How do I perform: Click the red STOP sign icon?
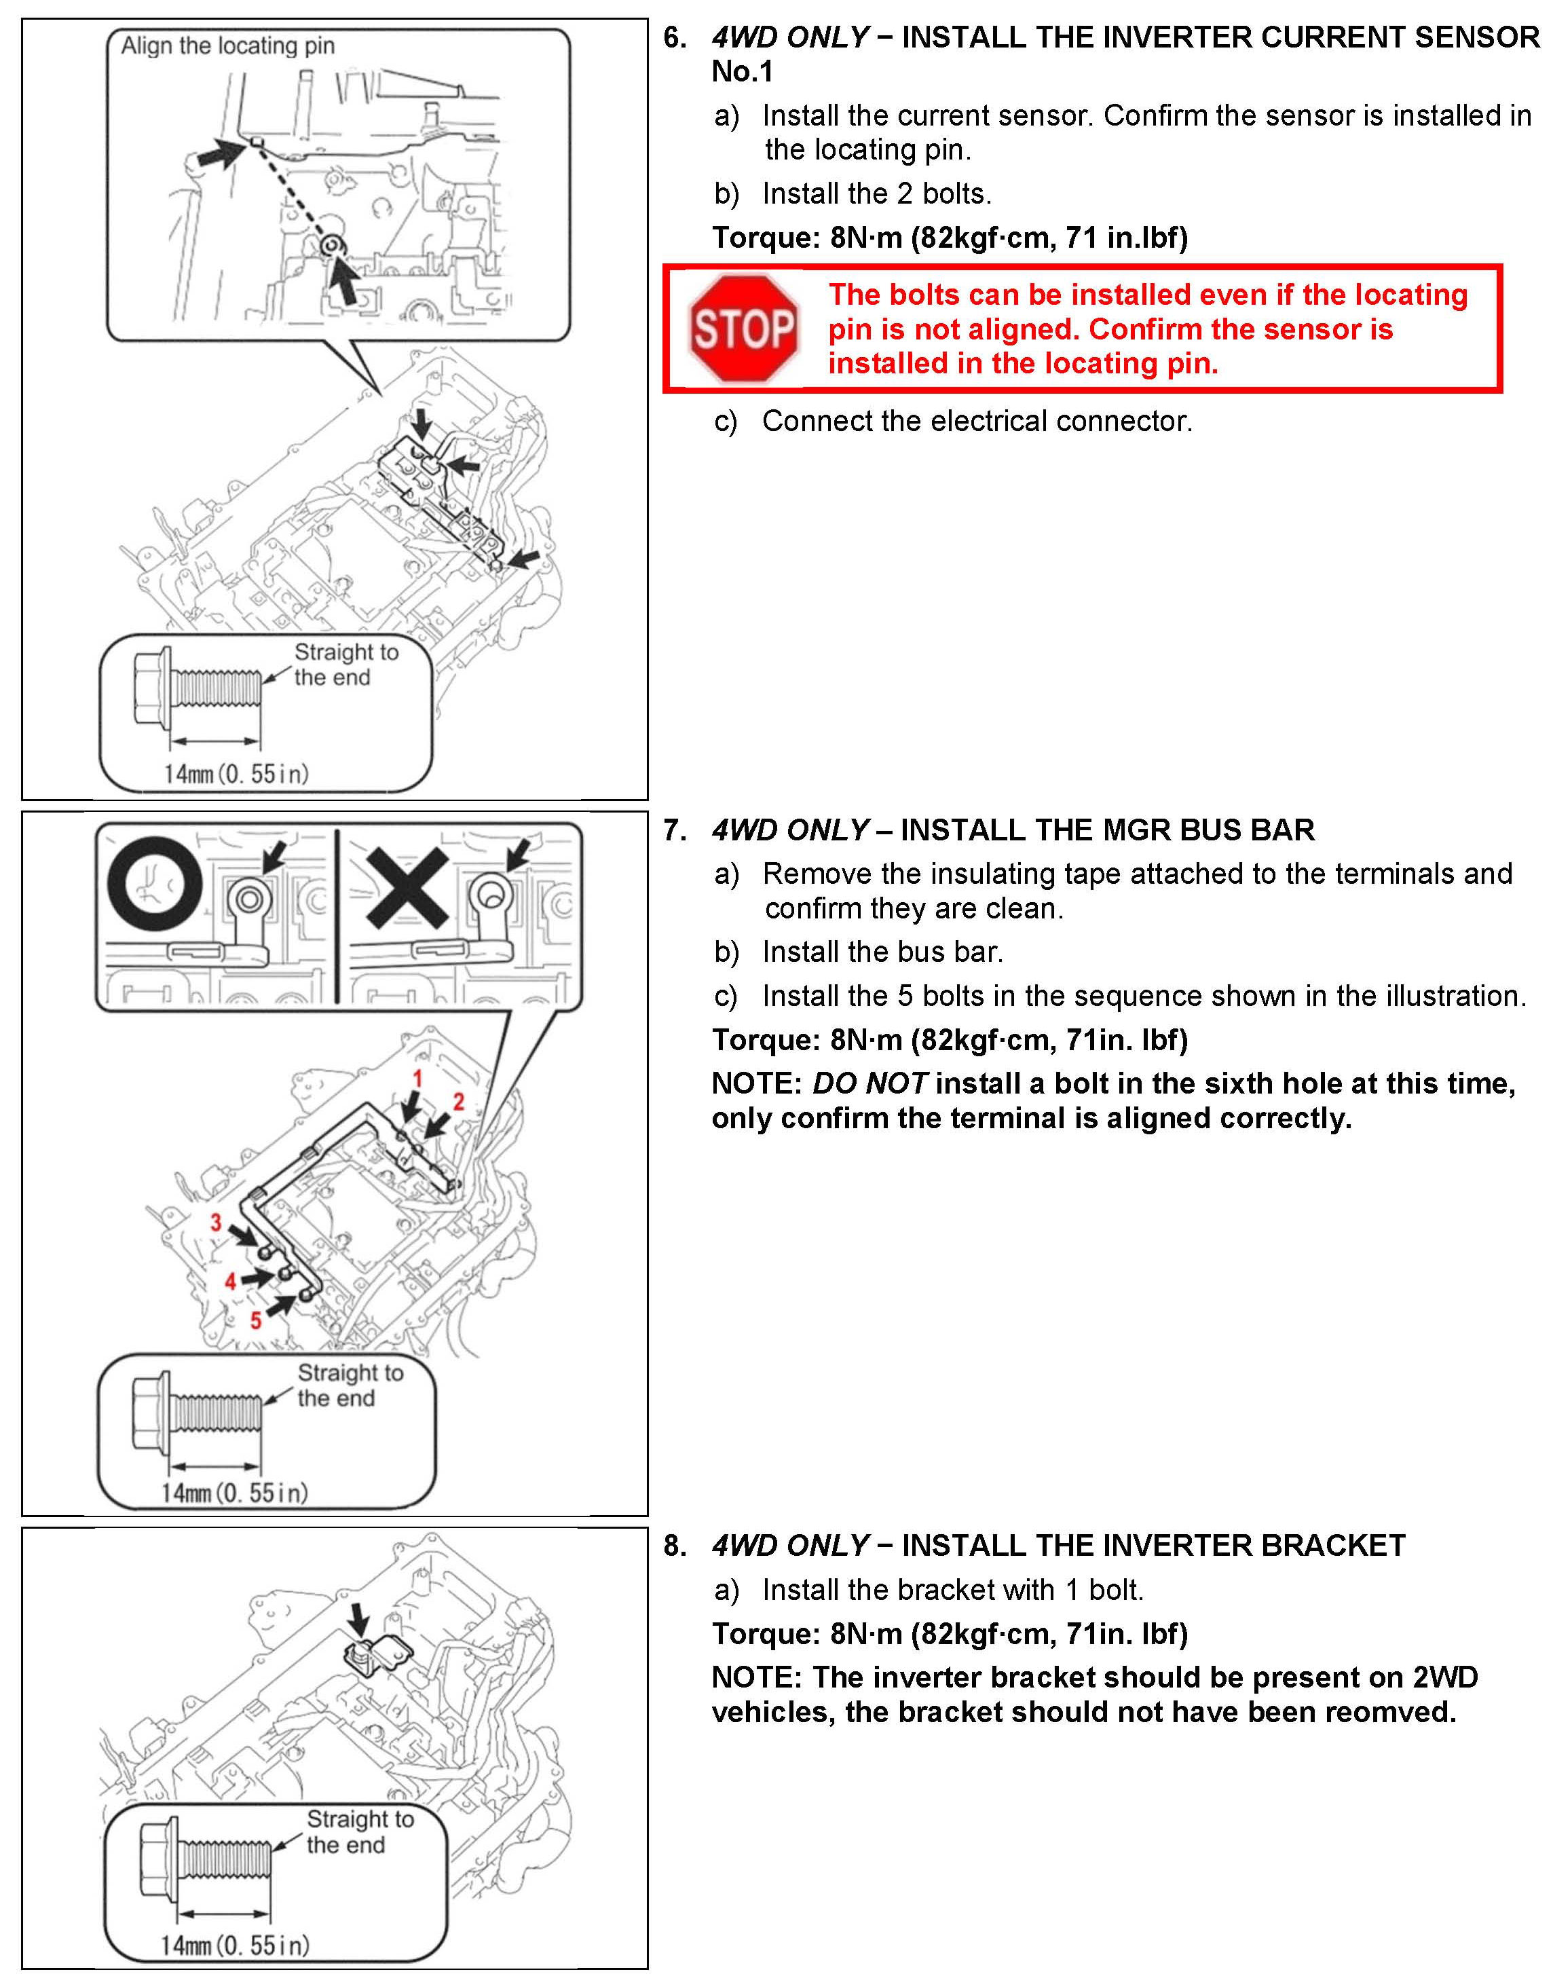tap(745, 329)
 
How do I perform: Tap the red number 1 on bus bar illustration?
tap(417, 1079)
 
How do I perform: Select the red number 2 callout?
tap(458, 1102)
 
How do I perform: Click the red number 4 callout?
tap(230, 1281)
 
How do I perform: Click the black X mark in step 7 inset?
tap(405, 887)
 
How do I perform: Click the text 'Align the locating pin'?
tap(227, 45)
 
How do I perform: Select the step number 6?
tap(675, 37)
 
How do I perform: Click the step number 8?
tap(675, 1545)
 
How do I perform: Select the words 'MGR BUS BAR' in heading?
tap(1197, 830)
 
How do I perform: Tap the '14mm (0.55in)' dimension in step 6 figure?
tap(236, 774)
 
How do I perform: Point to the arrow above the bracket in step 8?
tap(360, 1618)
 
